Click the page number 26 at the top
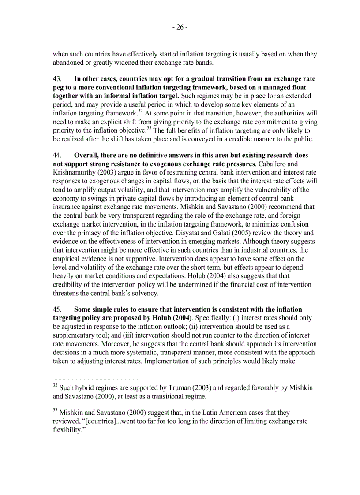pos(180,27)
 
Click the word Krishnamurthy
pos(74,172)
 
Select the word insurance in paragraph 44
pos(67,207)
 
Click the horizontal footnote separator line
pos(95,379)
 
